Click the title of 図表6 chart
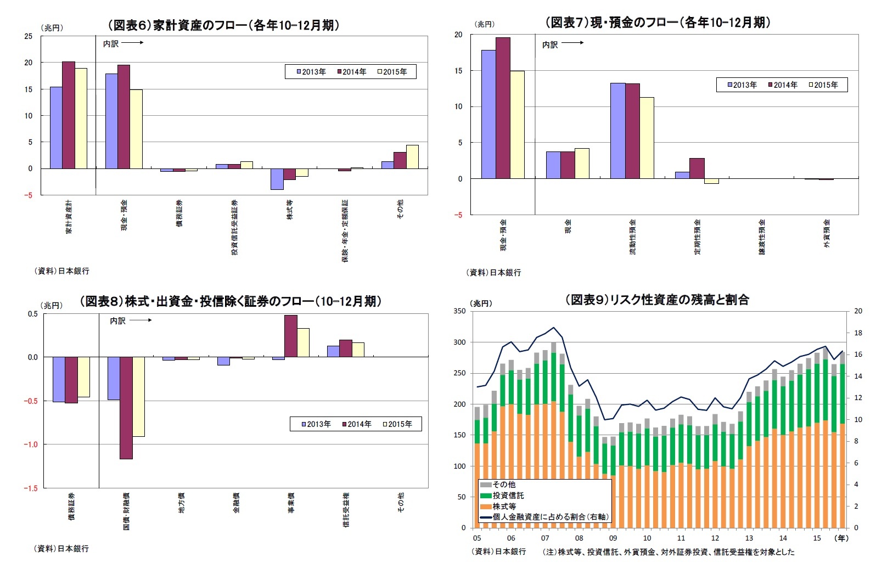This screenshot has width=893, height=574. tap(223, 25)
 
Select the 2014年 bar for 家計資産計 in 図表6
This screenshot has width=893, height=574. tap(68, 115)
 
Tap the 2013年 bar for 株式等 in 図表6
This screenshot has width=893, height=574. tap(277, 179)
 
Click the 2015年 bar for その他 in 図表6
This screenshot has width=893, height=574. tap(412, 157)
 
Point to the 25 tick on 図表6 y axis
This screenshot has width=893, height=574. tap(29, 36)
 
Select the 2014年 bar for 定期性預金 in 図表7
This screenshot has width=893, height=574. tap(697, 168)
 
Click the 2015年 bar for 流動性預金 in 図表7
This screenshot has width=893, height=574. tap(647, 138)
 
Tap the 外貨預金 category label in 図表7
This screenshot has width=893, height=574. tap(827, 233)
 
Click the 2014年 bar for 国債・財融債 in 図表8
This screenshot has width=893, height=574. tap(126, 408)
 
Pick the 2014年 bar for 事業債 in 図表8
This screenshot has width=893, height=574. tap(291, 336)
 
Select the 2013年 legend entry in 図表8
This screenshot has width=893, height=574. tap(316, 424)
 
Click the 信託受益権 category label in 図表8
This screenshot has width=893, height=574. tap(346, 510)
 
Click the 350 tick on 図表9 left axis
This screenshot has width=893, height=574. tap(459, 311)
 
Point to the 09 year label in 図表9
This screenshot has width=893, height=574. tap(613, 538)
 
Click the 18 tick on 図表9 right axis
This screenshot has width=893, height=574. tap(858, 333)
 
